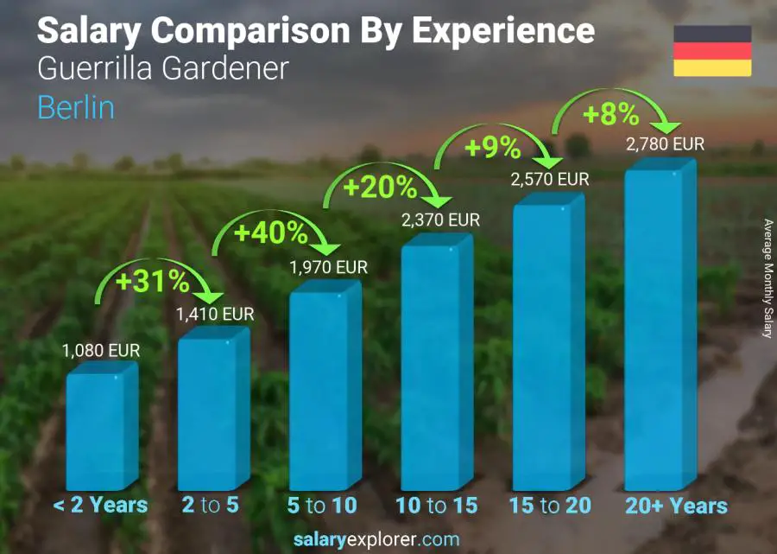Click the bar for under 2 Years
100,428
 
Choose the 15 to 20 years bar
547,346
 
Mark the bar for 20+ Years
659,328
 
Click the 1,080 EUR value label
101,351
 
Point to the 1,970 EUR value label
328,267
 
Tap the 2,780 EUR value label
665,143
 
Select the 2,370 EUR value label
440,221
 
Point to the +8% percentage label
610,114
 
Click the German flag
712,51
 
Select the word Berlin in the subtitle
76,107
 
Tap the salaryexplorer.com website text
376,540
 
